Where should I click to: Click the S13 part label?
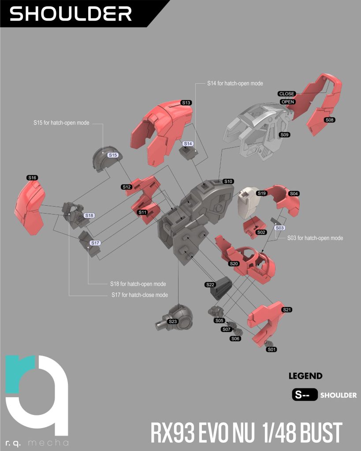click(x=186, y=103)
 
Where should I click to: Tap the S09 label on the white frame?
click(x=284, y=135)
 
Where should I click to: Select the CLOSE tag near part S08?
click(x=287, y=94)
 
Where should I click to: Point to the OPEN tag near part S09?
click(x=288, y=102)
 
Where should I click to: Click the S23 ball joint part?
click(x=175, y=318)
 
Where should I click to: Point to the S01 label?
click(x=272, y=349)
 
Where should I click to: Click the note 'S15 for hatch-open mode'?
click(x=61, y=123)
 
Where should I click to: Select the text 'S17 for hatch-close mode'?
click(x=140, y=295)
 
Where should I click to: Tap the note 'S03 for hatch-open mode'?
click(x=315, y=238)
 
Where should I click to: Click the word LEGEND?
click(x=305, y=376)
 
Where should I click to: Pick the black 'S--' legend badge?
click(x=305, y=395)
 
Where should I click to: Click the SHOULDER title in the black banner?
click(x=71, y=14)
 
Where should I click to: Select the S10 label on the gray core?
click(x=228, y=181)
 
